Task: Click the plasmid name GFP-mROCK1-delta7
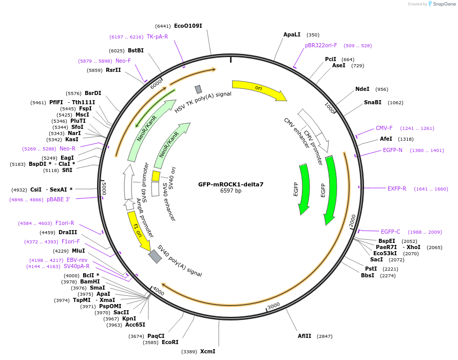231,184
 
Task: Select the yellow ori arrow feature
258,89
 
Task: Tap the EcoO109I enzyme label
188,26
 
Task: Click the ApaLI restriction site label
292,35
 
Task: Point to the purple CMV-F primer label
384,128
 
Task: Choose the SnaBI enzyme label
373,102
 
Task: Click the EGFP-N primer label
393,150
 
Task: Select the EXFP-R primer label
397,188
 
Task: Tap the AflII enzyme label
304,336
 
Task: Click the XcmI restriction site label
208,351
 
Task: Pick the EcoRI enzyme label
170,342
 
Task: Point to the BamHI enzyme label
90,281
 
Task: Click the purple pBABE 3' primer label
58,199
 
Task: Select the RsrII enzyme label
113,70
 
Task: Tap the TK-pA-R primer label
157,36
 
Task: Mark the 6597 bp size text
231,191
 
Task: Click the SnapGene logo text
443,4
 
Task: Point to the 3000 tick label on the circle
274,305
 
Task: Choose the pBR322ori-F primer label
321,45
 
